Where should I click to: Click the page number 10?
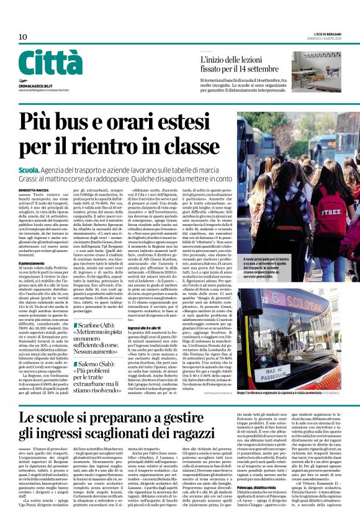point(22,37)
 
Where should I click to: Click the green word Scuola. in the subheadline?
point(29,168)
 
